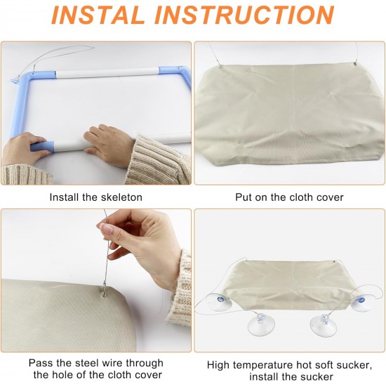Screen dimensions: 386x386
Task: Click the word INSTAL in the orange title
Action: (98, 15)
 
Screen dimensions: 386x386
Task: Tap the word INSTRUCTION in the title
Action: (244, 15)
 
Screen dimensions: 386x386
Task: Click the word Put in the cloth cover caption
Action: (244, 197)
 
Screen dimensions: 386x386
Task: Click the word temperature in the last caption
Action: (262, 366)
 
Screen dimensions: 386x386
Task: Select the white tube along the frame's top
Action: (107, 73)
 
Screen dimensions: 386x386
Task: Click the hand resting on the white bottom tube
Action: (109, 144)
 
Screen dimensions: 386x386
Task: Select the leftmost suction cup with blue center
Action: (220, 302)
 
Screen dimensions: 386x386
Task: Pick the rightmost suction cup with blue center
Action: (361, 302)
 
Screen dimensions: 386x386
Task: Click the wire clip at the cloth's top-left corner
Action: (220, 65)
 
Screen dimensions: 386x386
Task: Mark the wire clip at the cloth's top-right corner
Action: (355, 64)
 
